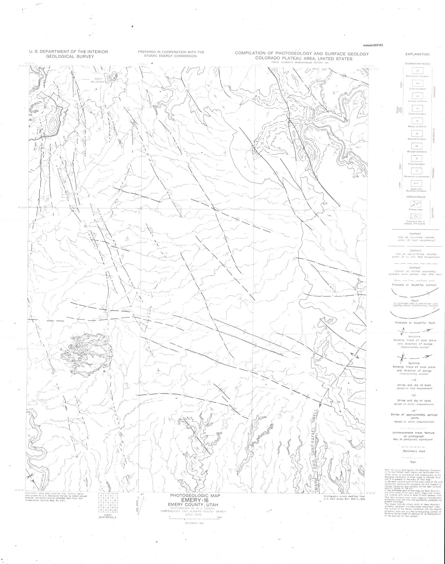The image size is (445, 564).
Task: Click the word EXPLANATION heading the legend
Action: (417, 54)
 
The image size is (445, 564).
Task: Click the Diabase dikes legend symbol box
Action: (417, 204)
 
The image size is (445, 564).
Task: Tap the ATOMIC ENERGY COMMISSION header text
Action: (171, 56)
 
